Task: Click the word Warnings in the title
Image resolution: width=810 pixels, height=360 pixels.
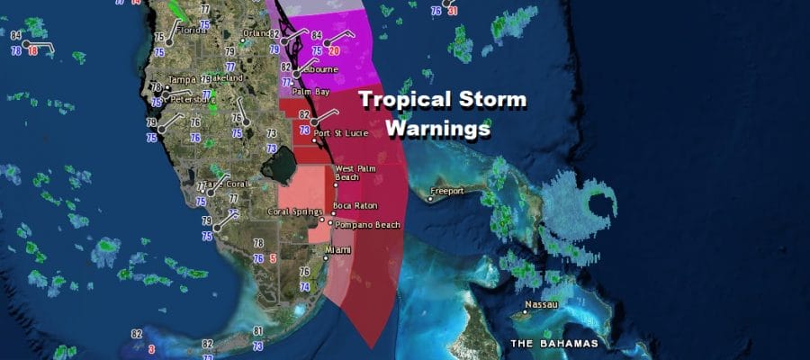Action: click(437, 129)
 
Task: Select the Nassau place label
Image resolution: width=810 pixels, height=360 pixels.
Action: click(543, 305)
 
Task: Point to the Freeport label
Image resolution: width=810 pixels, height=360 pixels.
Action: click(447, 191)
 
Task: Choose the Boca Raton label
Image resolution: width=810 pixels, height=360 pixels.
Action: click(360, 206)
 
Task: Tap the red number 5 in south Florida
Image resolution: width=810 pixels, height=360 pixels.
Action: click(273, 258)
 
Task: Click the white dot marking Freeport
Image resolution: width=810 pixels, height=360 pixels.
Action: click(429, 199)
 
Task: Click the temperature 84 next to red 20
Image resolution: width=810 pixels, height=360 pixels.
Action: click(316, 36)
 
